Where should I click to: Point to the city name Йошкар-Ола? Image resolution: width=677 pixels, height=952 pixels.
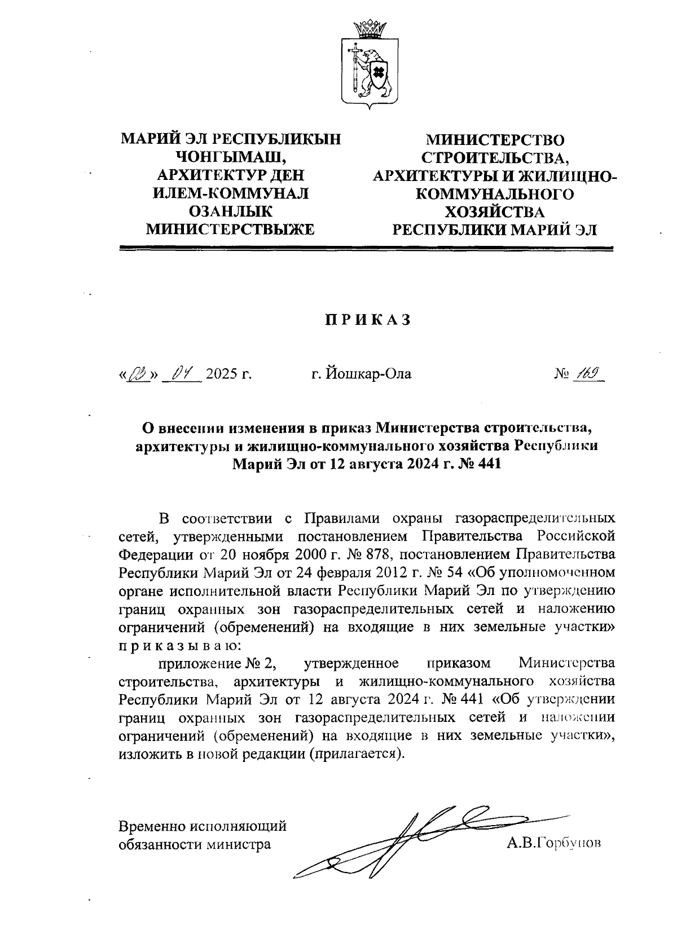pos(362,374)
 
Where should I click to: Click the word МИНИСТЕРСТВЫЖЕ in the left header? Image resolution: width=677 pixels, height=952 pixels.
pos(231,229)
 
